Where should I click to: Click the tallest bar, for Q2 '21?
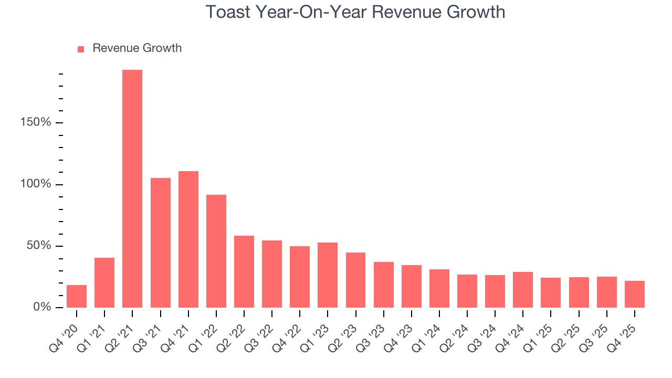[132, 188]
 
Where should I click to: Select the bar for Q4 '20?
[77, 296]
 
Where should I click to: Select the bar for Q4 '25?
[634, 294]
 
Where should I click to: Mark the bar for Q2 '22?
[244, 271]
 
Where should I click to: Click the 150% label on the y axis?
[36, 123]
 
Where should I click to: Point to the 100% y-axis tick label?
[36, 184]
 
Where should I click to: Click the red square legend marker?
[81, 49]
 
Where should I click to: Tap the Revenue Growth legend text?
[137, 48]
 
